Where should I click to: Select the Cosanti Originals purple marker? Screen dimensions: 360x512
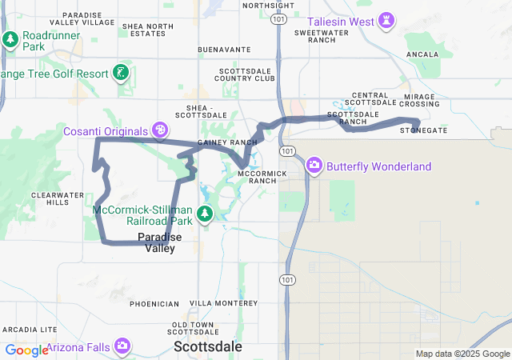point(161,130)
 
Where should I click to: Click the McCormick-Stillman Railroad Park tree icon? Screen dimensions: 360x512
point(206,213)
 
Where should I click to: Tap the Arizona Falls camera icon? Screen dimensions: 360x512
point(122,346)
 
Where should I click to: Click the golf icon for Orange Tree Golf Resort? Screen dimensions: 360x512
point(122,73)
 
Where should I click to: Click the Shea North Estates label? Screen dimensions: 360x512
point(147,30)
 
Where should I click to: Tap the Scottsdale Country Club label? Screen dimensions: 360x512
point(246,75)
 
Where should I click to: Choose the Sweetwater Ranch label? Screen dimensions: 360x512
point(314,36)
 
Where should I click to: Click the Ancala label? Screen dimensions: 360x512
point(422,54)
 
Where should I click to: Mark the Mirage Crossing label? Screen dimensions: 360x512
point(418,100)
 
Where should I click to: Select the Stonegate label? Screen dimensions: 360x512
point(423,130)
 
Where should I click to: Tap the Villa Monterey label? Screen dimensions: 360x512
point(223,304)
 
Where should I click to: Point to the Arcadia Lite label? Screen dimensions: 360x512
point(30,330)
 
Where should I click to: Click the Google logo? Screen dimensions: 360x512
point(26,350)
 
